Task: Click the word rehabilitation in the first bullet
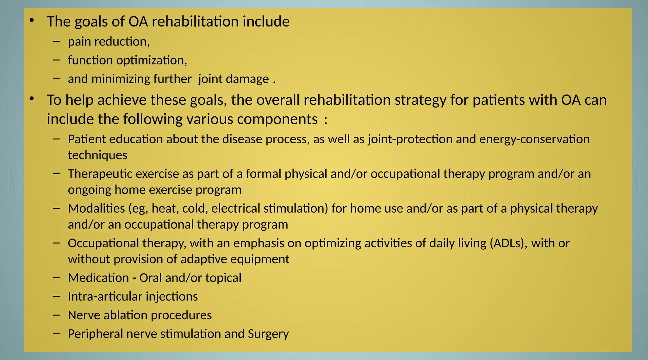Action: pyautogui.click(x=195, y=22)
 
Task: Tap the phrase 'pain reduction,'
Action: pyautogui.click(x=109, y=42)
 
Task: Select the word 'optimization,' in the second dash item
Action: pyautogui.click(x=152, y=60)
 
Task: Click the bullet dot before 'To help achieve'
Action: pyautogui.click(x=31, y=99)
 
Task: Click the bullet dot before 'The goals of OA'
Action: pyautogui.click(x=31, y=21)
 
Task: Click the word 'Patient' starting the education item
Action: pyautogui.click(x=86, y=139)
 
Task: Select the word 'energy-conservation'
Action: pyautogui.click(x=534, y=139)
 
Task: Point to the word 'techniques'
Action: pyautogui.click(x=97, y=155)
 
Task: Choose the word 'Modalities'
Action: pyautogui.click(x=97, y=208)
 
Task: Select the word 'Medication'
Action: pyautogui.click(x=98, y=278)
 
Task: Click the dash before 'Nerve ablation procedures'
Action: pyautogui.click(x=57, y=315)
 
